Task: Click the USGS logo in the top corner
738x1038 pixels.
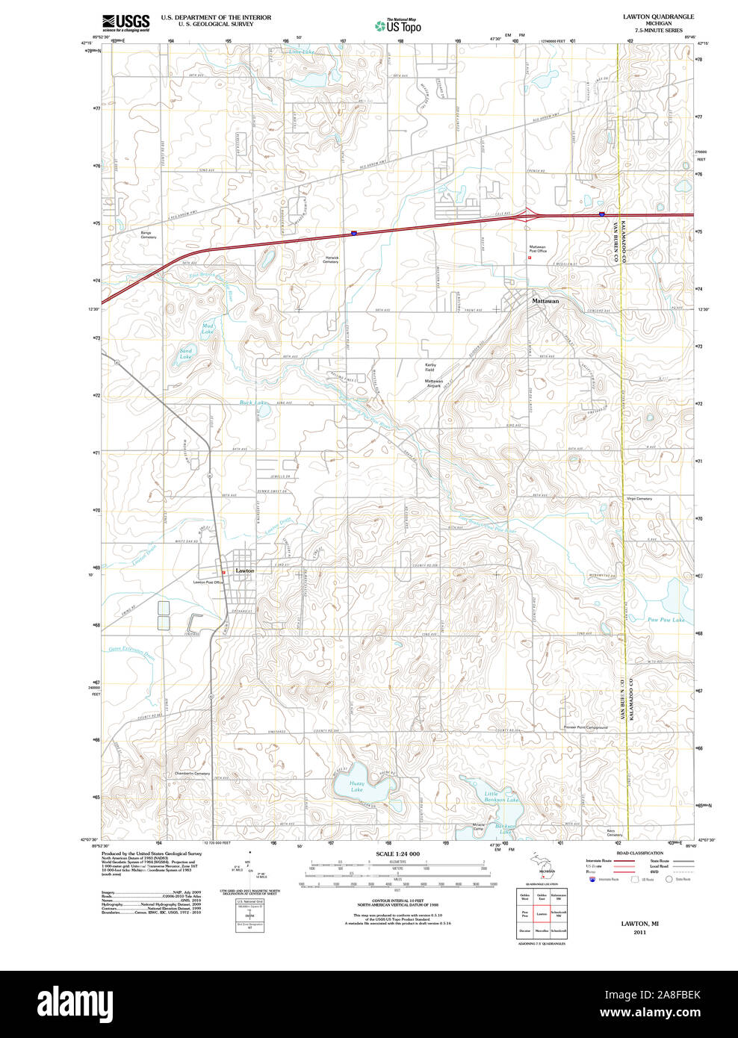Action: point(125,22)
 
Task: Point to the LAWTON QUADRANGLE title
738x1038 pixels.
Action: point(658,16)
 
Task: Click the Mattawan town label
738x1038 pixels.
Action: point(545,301)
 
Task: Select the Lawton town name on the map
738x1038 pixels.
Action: point(245,571)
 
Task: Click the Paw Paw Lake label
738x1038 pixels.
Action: point(666,620)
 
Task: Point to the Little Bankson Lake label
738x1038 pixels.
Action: point(500,797)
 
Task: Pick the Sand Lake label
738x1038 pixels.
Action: point(185,353)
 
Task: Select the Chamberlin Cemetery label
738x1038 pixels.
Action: point(192,774)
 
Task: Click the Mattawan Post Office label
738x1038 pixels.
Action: point(538,249)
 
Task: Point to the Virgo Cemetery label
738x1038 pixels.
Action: point(639,499)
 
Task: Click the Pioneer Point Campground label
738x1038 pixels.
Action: point(586,727)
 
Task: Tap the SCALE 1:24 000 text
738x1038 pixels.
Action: point(397,854)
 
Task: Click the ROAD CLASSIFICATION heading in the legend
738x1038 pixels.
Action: point(639,853)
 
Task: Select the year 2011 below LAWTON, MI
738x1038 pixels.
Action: point(639,933)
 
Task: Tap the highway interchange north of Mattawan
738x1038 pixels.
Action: point(529,216)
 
